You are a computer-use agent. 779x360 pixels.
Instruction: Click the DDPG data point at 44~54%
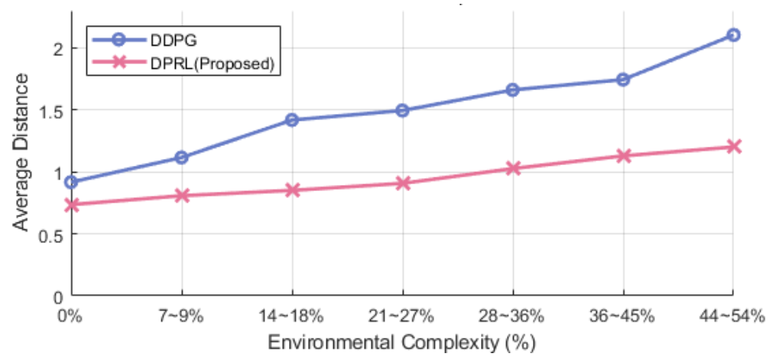(733, 35)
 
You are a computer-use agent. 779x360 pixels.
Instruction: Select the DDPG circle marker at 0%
(72, 182)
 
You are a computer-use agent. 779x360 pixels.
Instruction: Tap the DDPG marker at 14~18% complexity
(292, 120)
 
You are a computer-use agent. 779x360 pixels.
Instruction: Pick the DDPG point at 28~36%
(512, 90)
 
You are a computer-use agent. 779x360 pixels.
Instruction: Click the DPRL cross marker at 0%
(72, 205)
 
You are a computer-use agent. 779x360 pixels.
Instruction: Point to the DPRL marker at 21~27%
(403, 183)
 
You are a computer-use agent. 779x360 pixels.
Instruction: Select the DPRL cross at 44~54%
(733, 146)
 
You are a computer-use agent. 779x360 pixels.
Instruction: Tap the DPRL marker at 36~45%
(623, 156)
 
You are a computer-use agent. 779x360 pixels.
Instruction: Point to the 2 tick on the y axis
(57, 48)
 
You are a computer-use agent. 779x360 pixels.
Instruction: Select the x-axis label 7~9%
(182, 316)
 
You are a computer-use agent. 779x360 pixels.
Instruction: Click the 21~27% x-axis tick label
(403, 316)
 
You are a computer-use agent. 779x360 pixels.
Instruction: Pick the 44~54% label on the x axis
(733, 316)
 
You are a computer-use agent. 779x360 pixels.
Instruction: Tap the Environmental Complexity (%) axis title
(402, 342)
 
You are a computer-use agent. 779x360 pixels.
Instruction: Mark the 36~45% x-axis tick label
(623, 316)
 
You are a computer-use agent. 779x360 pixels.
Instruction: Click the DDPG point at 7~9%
(182, 157)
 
